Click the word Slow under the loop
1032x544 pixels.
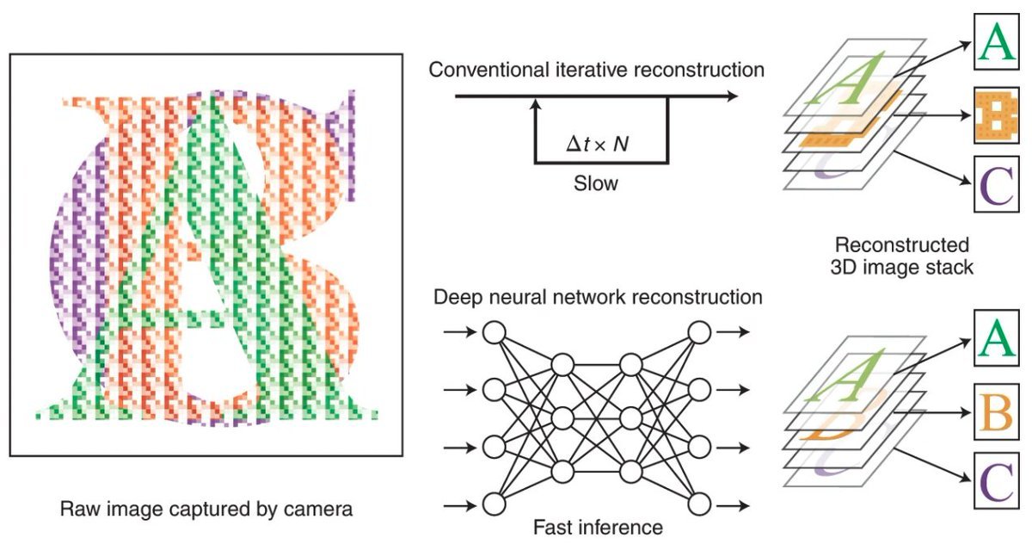point(596,183)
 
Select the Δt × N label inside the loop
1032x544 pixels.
point(597,144)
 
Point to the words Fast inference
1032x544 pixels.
point(596,527)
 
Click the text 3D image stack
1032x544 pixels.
point(902,267)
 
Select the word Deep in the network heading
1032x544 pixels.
point(457,297)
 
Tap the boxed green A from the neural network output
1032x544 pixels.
point(998,339)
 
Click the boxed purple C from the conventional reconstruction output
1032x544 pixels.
point(998,186)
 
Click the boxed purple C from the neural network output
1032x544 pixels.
point(998,481)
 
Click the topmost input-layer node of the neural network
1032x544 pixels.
point(494,332)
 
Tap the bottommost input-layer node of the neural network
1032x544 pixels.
point(494,504)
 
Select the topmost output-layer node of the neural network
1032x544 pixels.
point(699,332)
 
